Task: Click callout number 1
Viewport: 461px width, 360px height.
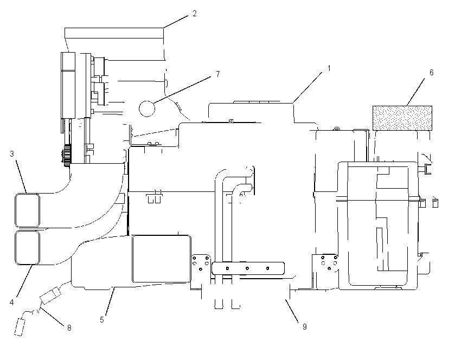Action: coord(329,68)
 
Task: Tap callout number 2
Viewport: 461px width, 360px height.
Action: coord(194,14)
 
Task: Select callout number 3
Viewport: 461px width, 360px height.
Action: coord(12,153)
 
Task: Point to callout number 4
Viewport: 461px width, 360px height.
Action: coord(12,302)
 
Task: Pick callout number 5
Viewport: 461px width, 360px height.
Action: coord(102,320)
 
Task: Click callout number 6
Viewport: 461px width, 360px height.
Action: coord(431,72)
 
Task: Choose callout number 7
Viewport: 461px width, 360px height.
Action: coord(217,74)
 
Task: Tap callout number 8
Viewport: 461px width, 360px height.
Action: coord(69,327)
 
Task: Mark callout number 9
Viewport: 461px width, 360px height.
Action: coord(305,326)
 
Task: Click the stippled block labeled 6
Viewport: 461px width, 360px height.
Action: coord(402,118)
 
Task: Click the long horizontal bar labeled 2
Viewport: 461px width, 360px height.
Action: coord(114,33)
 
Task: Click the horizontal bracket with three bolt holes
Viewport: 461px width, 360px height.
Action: coord(248,268)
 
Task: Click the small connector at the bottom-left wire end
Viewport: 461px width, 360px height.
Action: coord(20,327)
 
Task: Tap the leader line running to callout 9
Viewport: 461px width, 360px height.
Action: coord(292,310)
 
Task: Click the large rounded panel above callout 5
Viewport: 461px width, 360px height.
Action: coord(162,259)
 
